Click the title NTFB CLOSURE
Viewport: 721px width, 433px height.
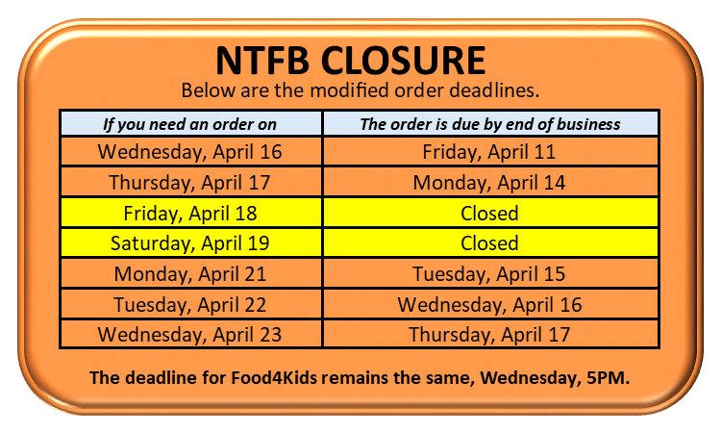(350, 61)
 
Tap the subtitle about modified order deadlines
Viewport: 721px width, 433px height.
(360, 90)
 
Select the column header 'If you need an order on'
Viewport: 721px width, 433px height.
(190, 124)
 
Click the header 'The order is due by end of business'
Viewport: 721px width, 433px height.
(490, 124)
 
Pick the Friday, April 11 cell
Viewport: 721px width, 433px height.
(491, 152)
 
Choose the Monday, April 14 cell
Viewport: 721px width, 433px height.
(491, 183)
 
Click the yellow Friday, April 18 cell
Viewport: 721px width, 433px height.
(191, 213)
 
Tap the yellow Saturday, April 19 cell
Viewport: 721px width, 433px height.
(191, 242)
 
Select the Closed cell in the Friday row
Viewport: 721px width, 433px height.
(491, 213)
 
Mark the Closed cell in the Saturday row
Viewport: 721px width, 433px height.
(491, 242)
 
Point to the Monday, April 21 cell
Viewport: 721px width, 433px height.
(191, 274)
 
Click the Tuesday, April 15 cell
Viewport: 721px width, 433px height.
(491, 274)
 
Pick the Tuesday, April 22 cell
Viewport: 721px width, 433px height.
(191, 305)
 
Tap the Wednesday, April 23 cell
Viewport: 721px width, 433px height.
(191, 335)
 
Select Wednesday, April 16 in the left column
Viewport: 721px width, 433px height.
(191, 152)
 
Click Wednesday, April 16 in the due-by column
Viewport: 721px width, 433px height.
(491, 305)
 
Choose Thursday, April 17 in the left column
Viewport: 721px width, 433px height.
(191, 183)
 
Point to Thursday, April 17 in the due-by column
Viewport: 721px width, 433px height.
(491, 335)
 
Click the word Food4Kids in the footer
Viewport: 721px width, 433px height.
(274, 378)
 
